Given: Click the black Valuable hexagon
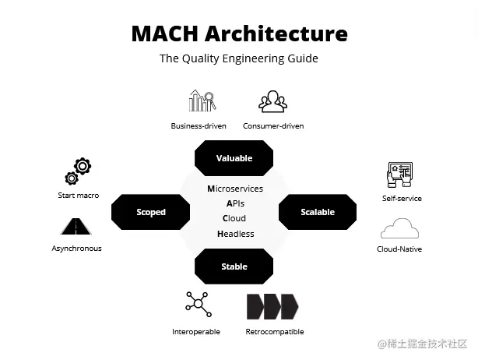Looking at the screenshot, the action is point(234,157).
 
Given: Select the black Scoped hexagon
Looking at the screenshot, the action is point(151,212).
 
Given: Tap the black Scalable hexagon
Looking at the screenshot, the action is point(317,212).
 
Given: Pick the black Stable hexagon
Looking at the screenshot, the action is point(234,266).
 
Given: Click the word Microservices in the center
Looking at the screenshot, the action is point(235,189).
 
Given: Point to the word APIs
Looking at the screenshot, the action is point(235,203).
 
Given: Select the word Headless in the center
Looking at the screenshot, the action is point(235,234).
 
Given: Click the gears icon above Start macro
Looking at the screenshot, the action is point(78,171).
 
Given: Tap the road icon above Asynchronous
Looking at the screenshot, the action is point(76,227).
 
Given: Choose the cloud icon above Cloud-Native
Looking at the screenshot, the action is point(399,229).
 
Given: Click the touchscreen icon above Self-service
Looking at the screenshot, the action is point(399,175).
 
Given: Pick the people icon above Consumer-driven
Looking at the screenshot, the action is point(272,101).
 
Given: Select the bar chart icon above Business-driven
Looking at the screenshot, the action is point(202,101).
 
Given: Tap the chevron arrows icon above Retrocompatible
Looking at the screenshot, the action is point(272,306).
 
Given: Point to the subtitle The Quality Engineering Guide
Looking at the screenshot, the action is point(239,58).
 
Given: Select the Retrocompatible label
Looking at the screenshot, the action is point(275,332).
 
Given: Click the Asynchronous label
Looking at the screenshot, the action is point(76,249).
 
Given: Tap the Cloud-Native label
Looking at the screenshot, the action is point(399,249).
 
